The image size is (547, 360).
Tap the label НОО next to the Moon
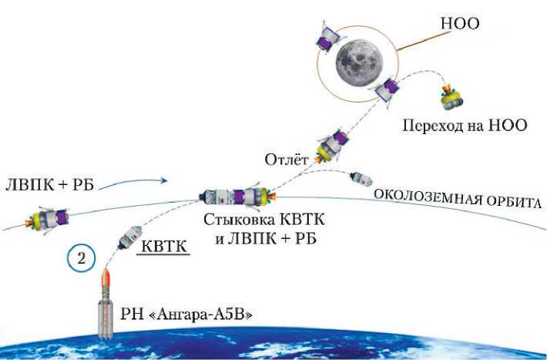tap(459, 24)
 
